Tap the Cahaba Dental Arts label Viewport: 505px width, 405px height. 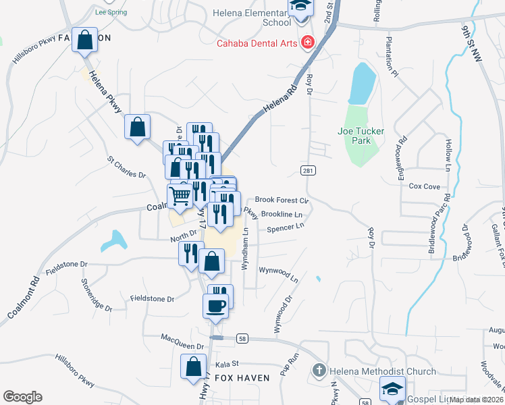[x=256, y=44]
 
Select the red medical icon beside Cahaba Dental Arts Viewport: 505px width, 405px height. [x=308, y=43]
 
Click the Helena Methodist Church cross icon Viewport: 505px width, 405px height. [x=319, y=370]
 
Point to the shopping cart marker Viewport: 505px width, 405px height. [x=180, y=196]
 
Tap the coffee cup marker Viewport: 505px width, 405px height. [x=216, y=304]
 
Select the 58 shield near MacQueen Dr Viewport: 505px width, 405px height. [x=242, y=337]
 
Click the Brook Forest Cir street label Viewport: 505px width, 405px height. [x=281, y=200]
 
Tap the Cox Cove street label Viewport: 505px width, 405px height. [x=425, y=186]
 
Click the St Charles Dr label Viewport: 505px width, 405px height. [x=127, y=167]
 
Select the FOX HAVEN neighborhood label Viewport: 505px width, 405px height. [x=242, y=378]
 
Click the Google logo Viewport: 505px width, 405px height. [x=22, y=397]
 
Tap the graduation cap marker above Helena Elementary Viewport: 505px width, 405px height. [x=300, y=7]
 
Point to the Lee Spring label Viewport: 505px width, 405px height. [x=111, y=12]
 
